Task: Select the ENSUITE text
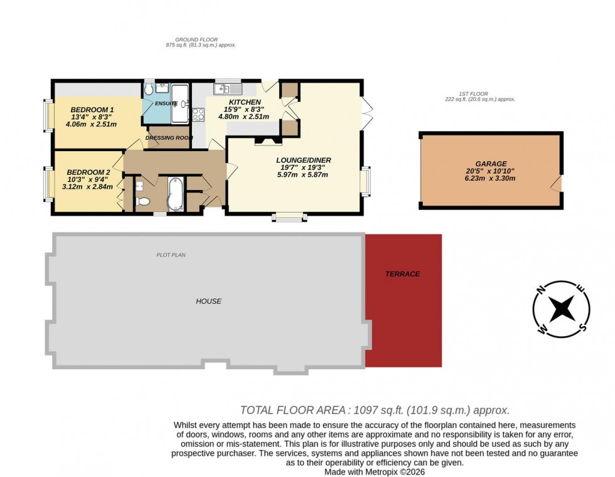coord(165,103)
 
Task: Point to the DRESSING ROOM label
coord(168,138)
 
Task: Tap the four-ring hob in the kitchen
coord(198,114)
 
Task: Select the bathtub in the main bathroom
coord(174,194)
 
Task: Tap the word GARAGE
coord(491,164)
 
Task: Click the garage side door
coord(557,184)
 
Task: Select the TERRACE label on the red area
coord(402,274)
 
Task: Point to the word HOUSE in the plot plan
coord(208,301)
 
